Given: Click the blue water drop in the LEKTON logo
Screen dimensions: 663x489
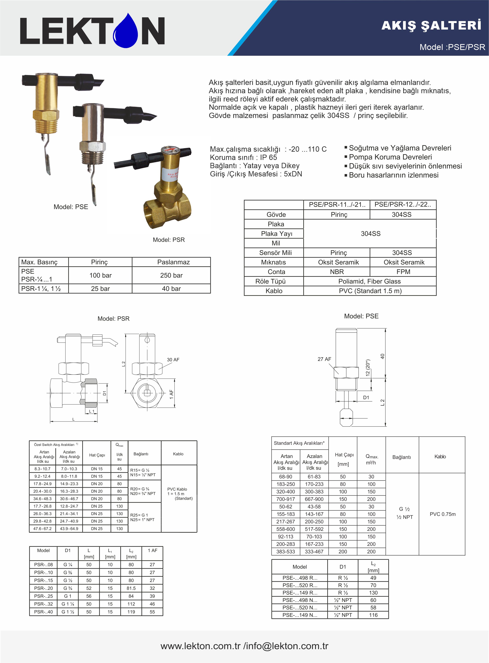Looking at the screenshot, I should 126,32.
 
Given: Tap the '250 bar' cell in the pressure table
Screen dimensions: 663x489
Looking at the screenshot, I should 171,275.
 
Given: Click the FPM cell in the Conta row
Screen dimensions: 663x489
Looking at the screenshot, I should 403,272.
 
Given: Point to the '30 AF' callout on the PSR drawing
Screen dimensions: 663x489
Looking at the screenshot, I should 173,360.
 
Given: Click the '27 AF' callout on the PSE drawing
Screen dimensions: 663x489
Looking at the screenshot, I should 324,359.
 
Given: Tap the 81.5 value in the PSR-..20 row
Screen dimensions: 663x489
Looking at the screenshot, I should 131,588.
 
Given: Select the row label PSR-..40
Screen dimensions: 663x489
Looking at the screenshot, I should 44,612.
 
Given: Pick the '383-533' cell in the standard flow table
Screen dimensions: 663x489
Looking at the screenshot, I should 286,552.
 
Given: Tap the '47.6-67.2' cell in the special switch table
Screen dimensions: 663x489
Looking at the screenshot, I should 42,528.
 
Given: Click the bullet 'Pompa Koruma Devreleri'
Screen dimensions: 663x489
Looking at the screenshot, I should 390,157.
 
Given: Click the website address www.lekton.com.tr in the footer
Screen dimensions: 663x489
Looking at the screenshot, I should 200,646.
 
